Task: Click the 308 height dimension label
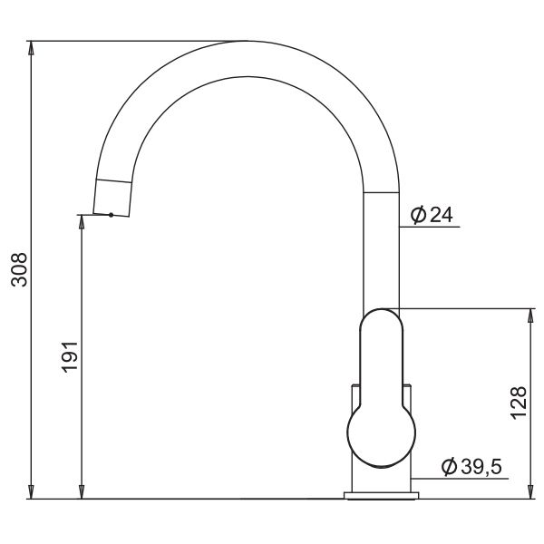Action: (x=19, y=269)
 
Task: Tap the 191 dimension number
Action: (x=70, y=357)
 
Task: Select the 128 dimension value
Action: (x=519, y=403)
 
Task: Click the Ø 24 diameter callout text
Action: (x=432, y=215)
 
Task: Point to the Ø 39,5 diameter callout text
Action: (x=471, y=466)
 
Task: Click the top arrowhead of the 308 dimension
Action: (x=31, y=48)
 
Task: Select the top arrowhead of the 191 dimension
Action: (x=82, y=222)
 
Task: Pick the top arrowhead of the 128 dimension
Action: (x=530, y=316)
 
